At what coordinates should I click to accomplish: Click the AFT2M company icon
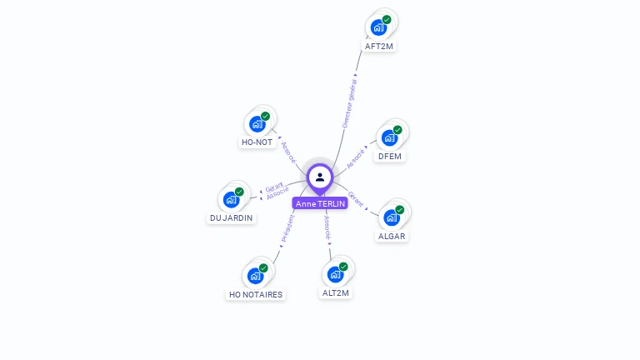tap(379, 27)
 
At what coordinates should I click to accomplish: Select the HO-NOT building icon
tap(257, 123)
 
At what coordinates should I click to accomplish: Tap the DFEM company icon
tap(389, 137)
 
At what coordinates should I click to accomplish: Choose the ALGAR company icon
tap(391, 217)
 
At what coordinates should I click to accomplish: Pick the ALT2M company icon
tap(335, 274)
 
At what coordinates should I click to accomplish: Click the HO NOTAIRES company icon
tap(255, 276)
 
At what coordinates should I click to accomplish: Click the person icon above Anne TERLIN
tap(320, 177)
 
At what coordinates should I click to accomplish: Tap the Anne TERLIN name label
tap(320, 203)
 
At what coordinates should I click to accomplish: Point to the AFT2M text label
tap(379, 47)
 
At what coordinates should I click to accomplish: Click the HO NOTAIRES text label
tap(256, 295)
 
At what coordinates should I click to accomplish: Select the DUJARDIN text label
tap(232, 218)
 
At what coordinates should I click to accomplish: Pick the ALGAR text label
tap(392, 237)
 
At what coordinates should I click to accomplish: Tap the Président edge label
tap(287, 228)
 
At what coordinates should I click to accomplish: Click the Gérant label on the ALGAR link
tap(356, 199)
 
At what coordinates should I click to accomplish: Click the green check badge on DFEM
tap(397, 130)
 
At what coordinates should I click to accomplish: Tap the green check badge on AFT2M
tap(387, 19)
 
